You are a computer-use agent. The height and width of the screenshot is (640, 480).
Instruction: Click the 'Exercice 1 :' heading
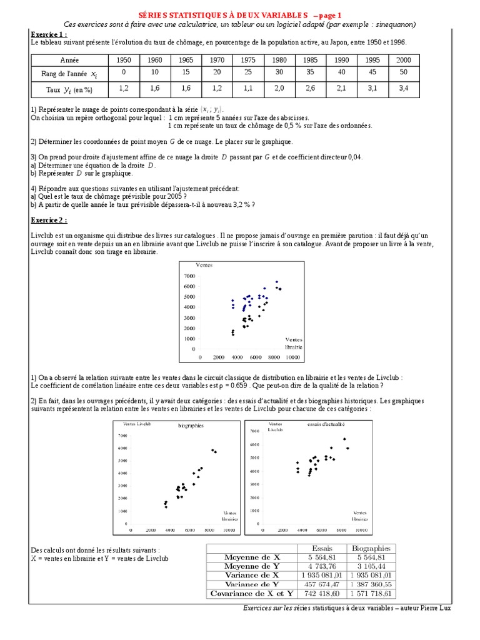pos(49,34)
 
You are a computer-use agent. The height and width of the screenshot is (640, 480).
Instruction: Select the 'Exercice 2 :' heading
pos(49,220)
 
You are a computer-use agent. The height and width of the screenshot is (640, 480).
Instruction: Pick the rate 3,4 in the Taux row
pos(404,89)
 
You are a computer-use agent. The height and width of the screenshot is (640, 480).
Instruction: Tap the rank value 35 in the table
pos(311,72)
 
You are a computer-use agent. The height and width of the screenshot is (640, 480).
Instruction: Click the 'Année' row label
pos(69,61)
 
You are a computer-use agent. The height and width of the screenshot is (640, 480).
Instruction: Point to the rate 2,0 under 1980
pos(279,89)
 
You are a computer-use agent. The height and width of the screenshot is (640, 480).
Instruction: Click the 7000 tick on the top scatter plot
pos(189,276)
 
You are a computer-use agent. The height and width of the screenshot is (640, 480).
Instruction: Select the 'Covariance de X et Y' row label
pos(243,593)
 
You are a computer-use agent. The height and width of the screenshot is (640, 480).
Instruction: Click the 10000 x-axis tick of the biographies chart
pos(229,530)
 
